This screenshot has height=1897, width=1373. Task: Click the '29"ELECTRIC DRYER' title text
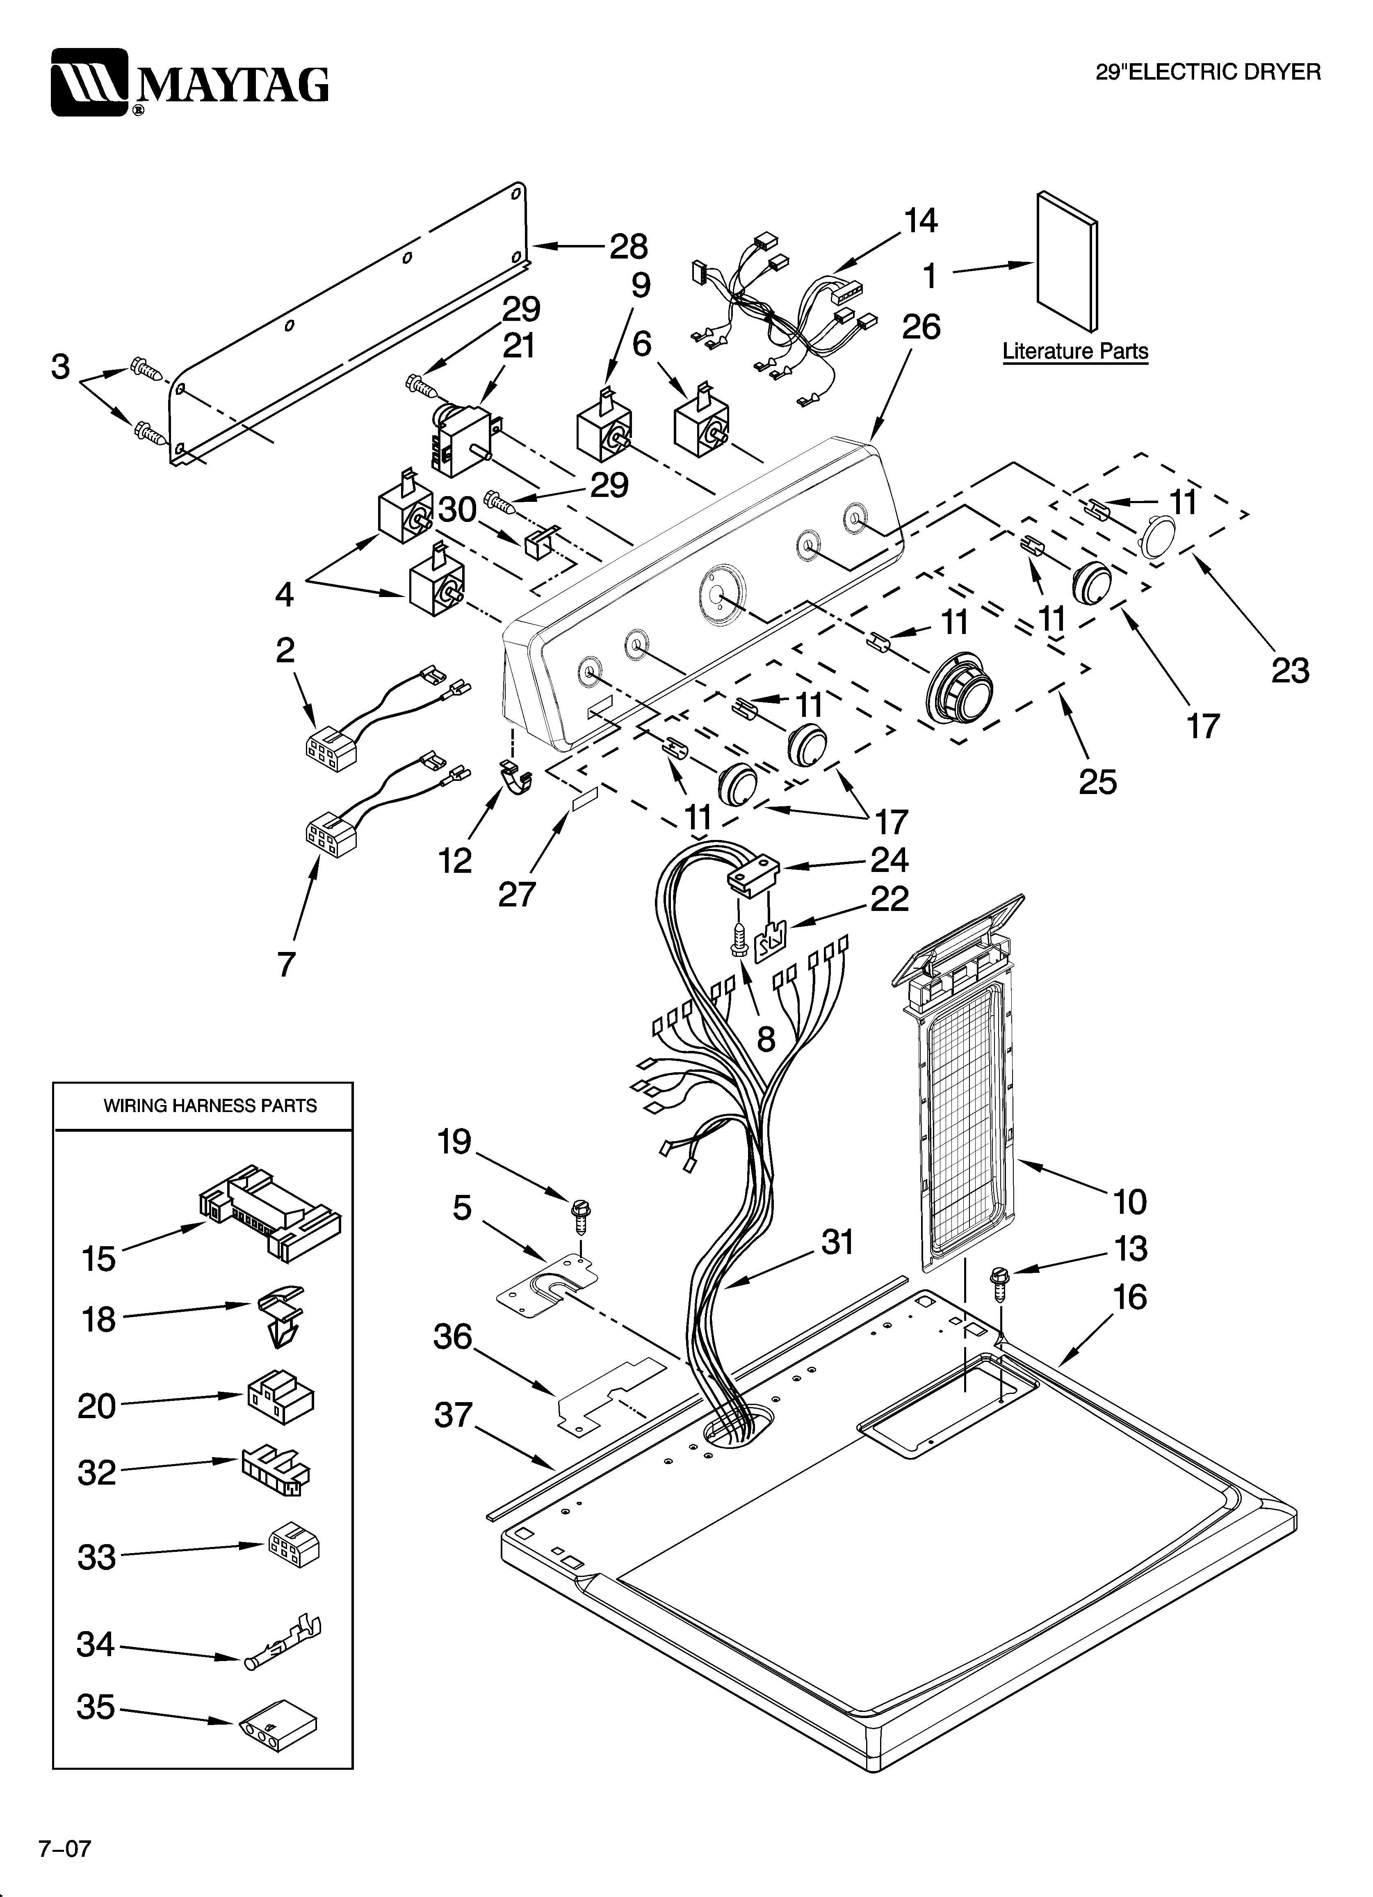click(x=1208, y=73)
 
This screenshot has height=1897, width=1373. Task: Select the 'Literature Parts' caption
click(x=1075, y=351)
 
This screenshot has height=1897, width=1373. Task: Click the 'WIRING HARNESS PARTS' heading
click(x=210, y=1106)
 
